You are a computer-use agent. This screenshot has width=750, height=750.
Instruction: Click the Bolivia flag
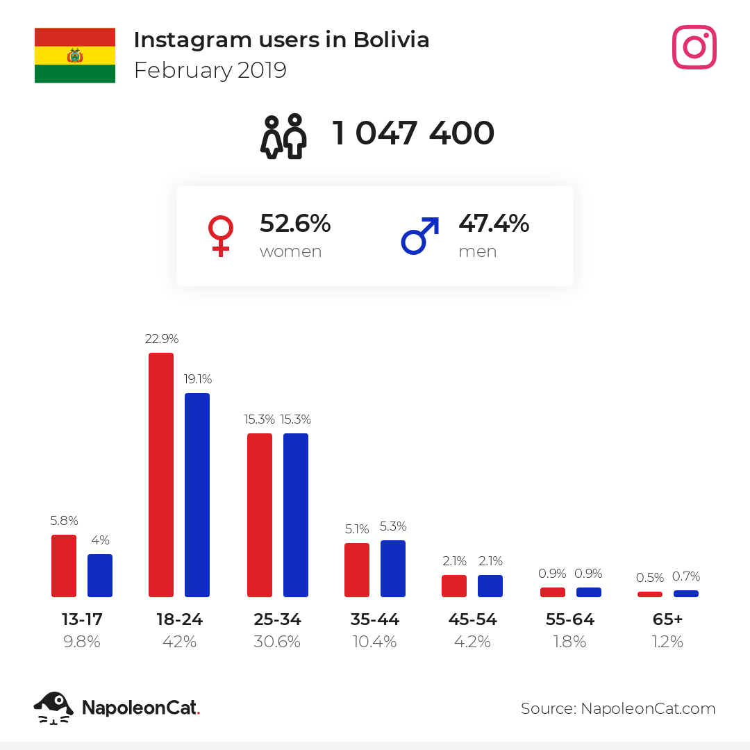coord(74,56)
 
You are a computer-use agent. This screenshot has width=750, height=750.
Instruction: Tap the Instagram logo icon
coord(694,47)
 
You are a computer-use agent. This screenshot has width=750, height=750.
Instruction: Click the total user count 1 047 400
coord(412,133)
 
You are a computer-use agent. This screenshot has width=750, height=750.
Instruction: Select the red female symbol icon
coord(221,236)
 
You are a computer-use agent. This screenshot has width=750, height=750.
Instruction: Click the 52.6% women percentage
coord(295,224)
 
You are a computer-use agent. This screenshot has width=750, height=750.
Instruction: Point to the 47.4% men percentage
coord(494,224)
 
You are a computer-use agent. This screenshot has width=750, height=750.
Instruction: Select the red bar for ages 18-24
coord(161,475)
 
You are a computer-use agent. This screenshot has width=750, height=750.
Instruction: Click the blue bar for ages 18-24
coord(197,495)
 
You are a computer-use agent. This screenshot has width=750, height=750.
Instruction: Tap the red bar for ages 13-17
coord(64,566)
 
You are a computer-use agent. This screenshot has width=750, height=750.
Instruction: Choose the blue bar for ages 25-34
coord(296,515)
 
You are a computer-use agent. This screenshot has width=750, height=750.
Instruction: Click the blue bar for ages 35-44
coord(393,569)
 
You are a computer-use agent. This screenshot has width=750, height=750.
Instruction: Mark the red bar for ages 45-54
coord(454,586)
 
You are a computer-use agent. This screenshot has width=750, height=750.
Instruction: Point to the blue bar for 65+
coord(686,594)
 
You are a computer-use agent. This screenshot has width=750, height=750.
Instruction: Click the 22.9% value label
coord(162,339)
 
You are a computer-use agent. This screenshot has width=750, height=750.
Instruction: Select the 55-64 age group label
coord(570,619)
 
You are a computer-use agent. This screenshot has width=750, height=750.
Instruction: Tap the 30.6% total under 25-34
coord(277,642)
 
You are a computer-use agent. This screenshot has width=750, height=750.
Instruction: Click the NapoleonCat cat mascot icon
coord(53,708)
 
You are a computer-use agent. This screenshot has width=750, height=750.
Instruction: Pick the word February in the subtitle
coord(183,71)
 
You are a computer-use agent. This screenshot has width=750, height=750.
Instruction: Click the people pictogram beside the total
coord(283,136)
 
